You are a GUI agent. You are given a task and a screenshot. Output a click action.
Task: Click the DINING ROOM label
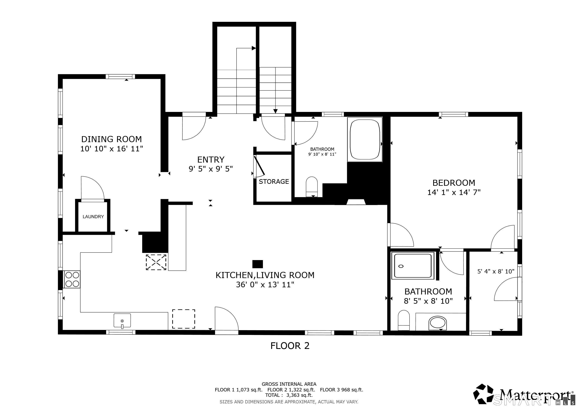coord(111,139)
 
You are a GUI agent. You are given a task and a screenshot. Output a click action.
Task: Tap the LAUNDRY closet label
coord(93,217)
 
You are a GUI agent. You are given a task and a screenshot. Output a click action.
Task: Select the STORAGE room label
coord(274,182)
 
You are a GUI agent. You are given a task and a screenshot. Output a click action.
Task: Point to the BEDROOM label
coord(454,183)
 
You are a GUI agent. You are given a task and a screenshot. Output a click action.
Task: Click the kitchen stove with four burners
coord(72,279)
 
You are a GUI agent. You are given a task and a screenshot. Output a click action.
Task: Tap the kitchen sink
coord(122,321)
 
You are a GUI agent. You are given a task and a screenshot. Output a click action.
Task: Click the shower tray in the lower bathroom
coord(413,266)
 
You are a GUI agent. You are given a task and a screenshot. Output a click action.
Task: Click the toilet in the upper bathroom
coord(312,187)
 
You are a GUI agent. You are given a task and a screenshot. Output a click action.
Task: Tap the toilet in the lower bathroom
coord(404,320)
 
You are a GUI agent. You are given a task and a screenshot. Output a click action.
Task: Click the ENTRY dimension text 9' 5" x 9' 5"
coord(211,169)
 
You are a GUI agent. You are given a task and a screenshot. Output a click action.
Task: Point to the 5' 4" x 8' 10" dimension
coord(496,271)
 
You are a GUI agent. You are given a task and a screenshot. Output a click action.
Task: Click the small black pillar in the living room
coord(258,264)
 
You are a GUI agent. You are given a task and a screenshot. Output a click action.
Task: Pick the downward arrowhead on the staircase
coord(276,111)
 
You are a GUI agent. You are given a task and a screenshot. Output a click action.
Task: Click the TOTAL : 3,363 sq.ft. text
coord(289,395)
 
